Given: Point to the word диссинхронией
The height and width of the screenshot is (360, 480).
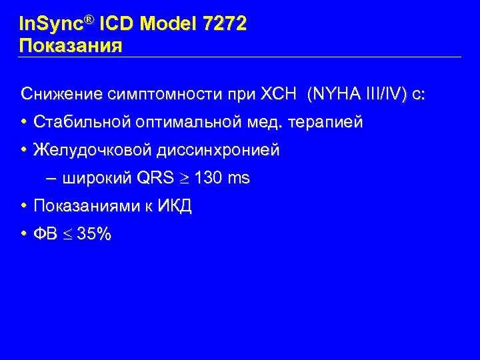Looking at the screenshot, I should pos(219,151).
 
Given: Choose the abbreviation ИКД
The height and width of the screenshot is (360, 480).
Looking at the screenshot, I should pos(175,206).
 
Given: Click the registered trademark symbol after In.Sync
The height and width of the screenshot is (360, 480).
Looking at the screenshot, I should pos(91,20).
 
